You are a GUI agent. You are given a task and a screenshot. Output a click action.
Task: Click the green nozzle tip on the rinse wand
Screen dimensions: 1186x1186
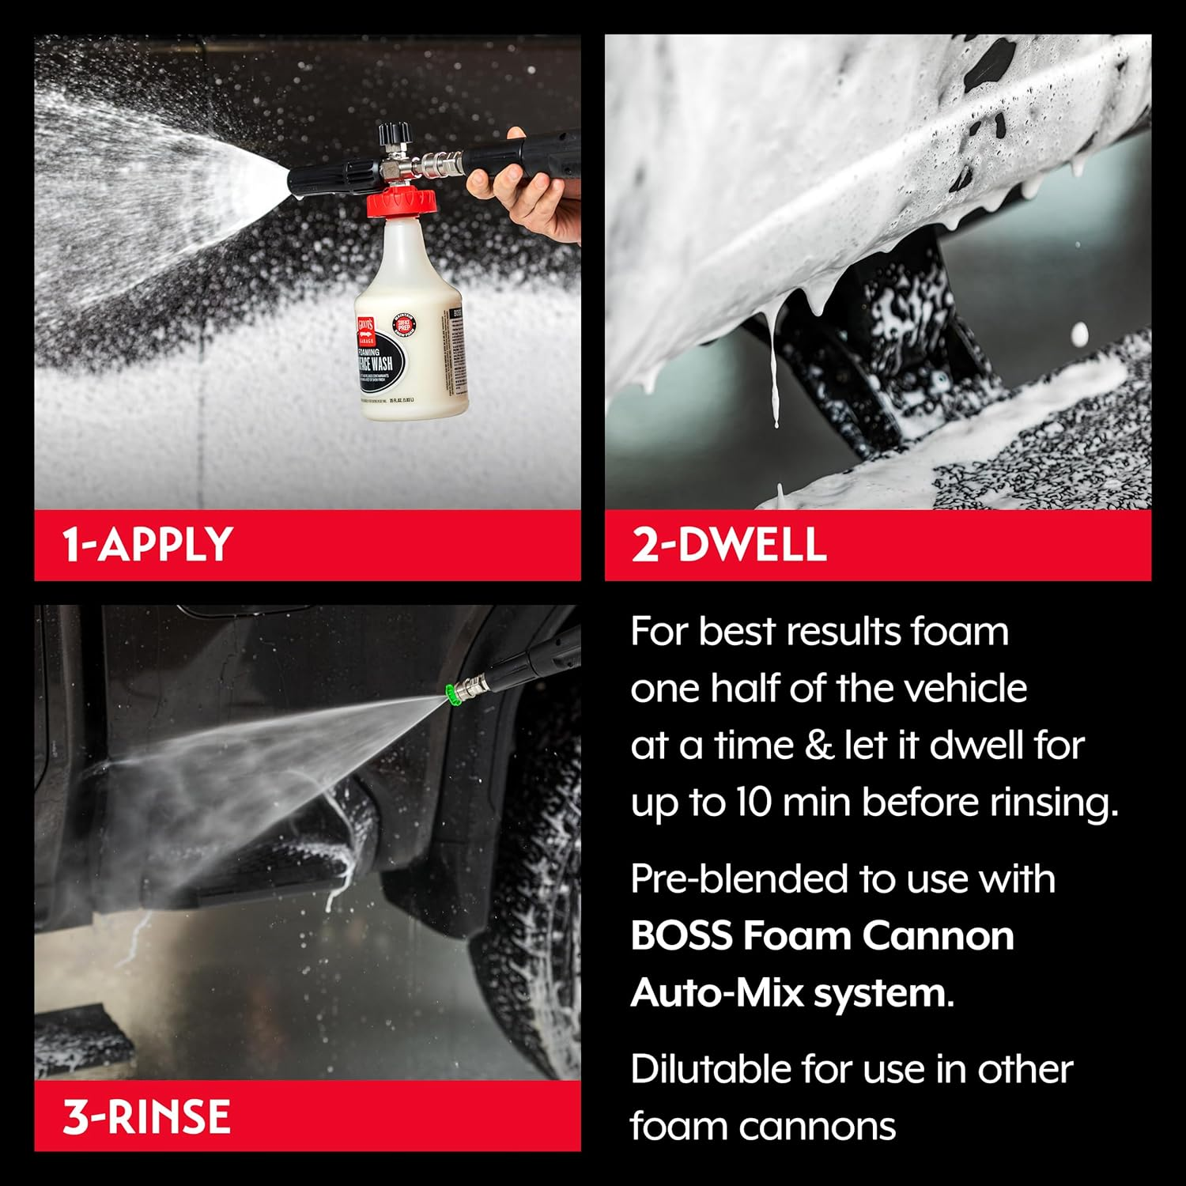(452, 695)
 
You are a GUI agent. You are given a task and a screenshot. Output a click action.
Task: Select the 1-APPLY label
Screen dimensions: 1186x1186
(147, 545)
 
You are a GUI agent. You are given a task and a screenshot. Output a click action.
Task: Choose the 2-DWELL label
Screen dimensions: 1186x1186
(728, 545)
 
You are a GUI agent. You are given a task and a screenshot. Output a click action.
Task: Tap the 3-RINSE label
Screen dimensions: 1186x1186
(146, 1116)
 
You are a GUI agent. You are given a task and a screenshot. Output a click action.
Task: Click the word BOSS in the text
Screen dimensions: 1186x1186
(681, 936)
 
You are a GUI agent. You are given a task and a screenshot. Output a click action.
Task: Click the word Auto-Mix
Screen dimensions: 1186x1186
(716, 993)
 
